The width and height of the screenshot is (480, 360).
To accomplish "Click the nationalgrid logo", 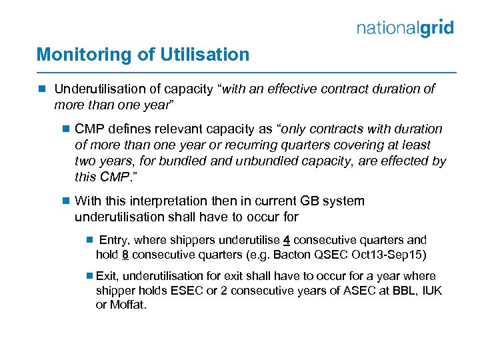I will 405,27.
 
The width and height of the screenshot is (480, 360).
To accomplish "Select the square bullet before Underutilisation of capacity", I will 42,89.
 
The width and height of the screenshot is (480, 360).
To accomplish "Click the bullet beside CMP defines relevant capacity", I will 65,129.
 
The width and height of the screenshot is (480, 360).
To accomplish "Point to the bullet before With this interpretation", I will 65,201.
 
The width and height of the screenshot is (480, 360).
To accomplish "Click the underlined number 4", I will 286,240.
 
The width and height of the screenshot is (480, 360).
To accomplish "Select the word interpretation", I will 165,201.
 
